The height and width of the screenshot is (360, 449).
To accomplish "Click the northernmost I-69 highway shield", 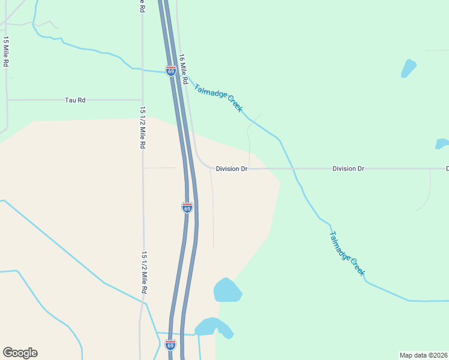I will pos(171,71).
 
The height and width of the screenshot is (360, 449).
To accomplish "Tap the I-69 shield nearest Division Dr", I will pos(187,208).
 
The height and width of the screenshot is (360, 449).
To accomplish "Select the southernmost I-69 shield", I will pos(170,344).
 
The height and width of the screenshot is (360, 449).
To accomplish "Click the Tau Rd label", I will pos(75,100).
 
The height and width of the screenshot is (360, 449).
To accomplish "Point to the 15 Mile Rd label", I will pos(6,52).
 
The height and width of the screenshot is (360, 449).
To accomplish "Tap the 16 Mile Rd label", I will pos(184,69).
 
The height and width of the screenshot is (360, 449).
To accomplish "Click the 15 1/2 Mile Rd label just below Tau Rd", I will pos(143,128).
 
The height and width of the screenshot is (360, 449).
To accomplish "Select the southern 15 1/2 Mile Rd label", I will pos(144,272).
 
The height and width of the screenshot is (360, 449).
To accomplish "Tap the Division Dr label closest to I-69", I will pos(232,169).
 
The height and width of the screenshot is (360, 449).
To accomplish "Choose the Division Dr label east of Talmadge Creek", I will pos(348,169).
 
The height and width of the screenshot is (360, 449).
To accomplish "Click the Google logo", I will pos(20,353).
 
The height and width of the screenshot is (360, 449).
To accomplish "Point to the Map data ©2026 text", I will pos(423,355).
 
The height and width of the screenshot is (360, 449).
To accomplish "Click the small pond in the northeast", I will pos(409,68).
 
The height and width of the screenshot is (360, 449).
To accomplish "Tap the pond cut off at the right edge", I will pos(442,144).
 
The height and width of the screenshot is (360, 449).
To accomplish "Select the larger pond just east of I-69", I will pos(227,290).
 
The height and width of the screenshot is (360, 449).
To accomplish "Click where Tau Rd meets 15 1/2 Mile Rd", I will pos(143,100).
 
